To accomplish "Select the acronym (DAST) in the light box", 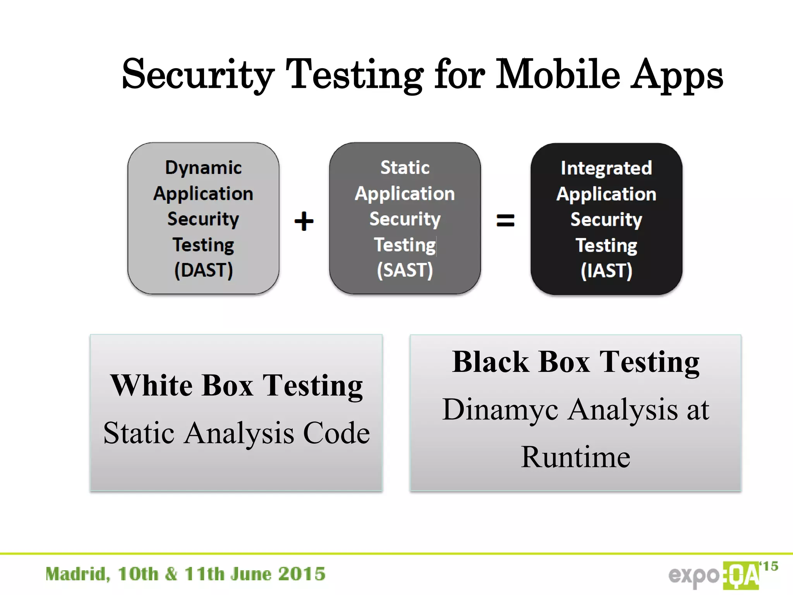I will click(x=203, y=270).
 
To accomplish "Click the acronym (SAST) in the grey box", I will click(x=405, y=270).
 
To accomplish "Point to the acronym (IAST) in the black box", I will click(x=606, y=270).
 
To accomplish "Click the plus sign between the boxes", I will click(x=304, y=221).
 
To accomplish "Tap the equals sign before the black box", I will click(x=505, y=221).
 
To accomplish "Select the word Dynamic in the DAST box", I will click(x=203, y=168).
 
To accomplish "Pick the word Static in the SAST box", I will click(x=405, y=168).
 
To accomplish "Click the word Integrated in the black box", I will click(x=606, y=168).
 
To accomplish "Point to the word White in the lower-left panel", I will click(x=151, y=385).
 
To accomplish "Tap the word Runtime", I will click(x=575, y=457).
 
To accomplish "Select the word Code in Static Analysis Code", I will click(x=336, y=433).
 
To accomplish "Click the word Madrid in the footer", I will click(x=77, y=574).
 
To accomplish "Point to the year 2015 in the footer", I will click(x=302, y=574).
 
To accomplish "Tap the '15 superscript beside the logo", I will click(x=769, y=566).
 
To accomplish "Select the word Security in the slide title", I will click(x=198, y=74).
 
